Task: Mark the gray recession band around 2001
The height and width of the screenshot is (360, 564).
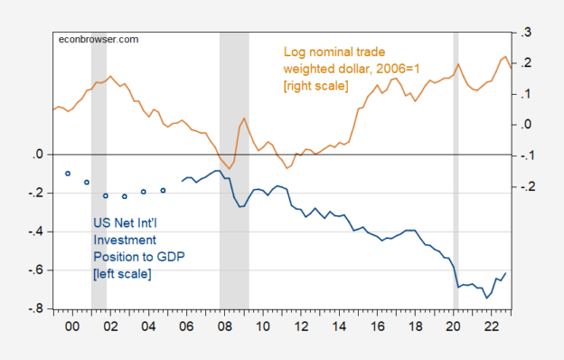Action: (99, 226)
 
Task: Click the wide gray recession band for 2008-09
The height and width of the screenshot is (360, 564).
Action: (234, 226)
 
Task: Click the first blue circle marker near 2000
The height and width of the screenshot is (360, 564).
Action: (68, 173)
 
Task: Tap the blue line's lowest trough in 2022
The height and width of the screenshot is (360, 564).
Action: (488, 298)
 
